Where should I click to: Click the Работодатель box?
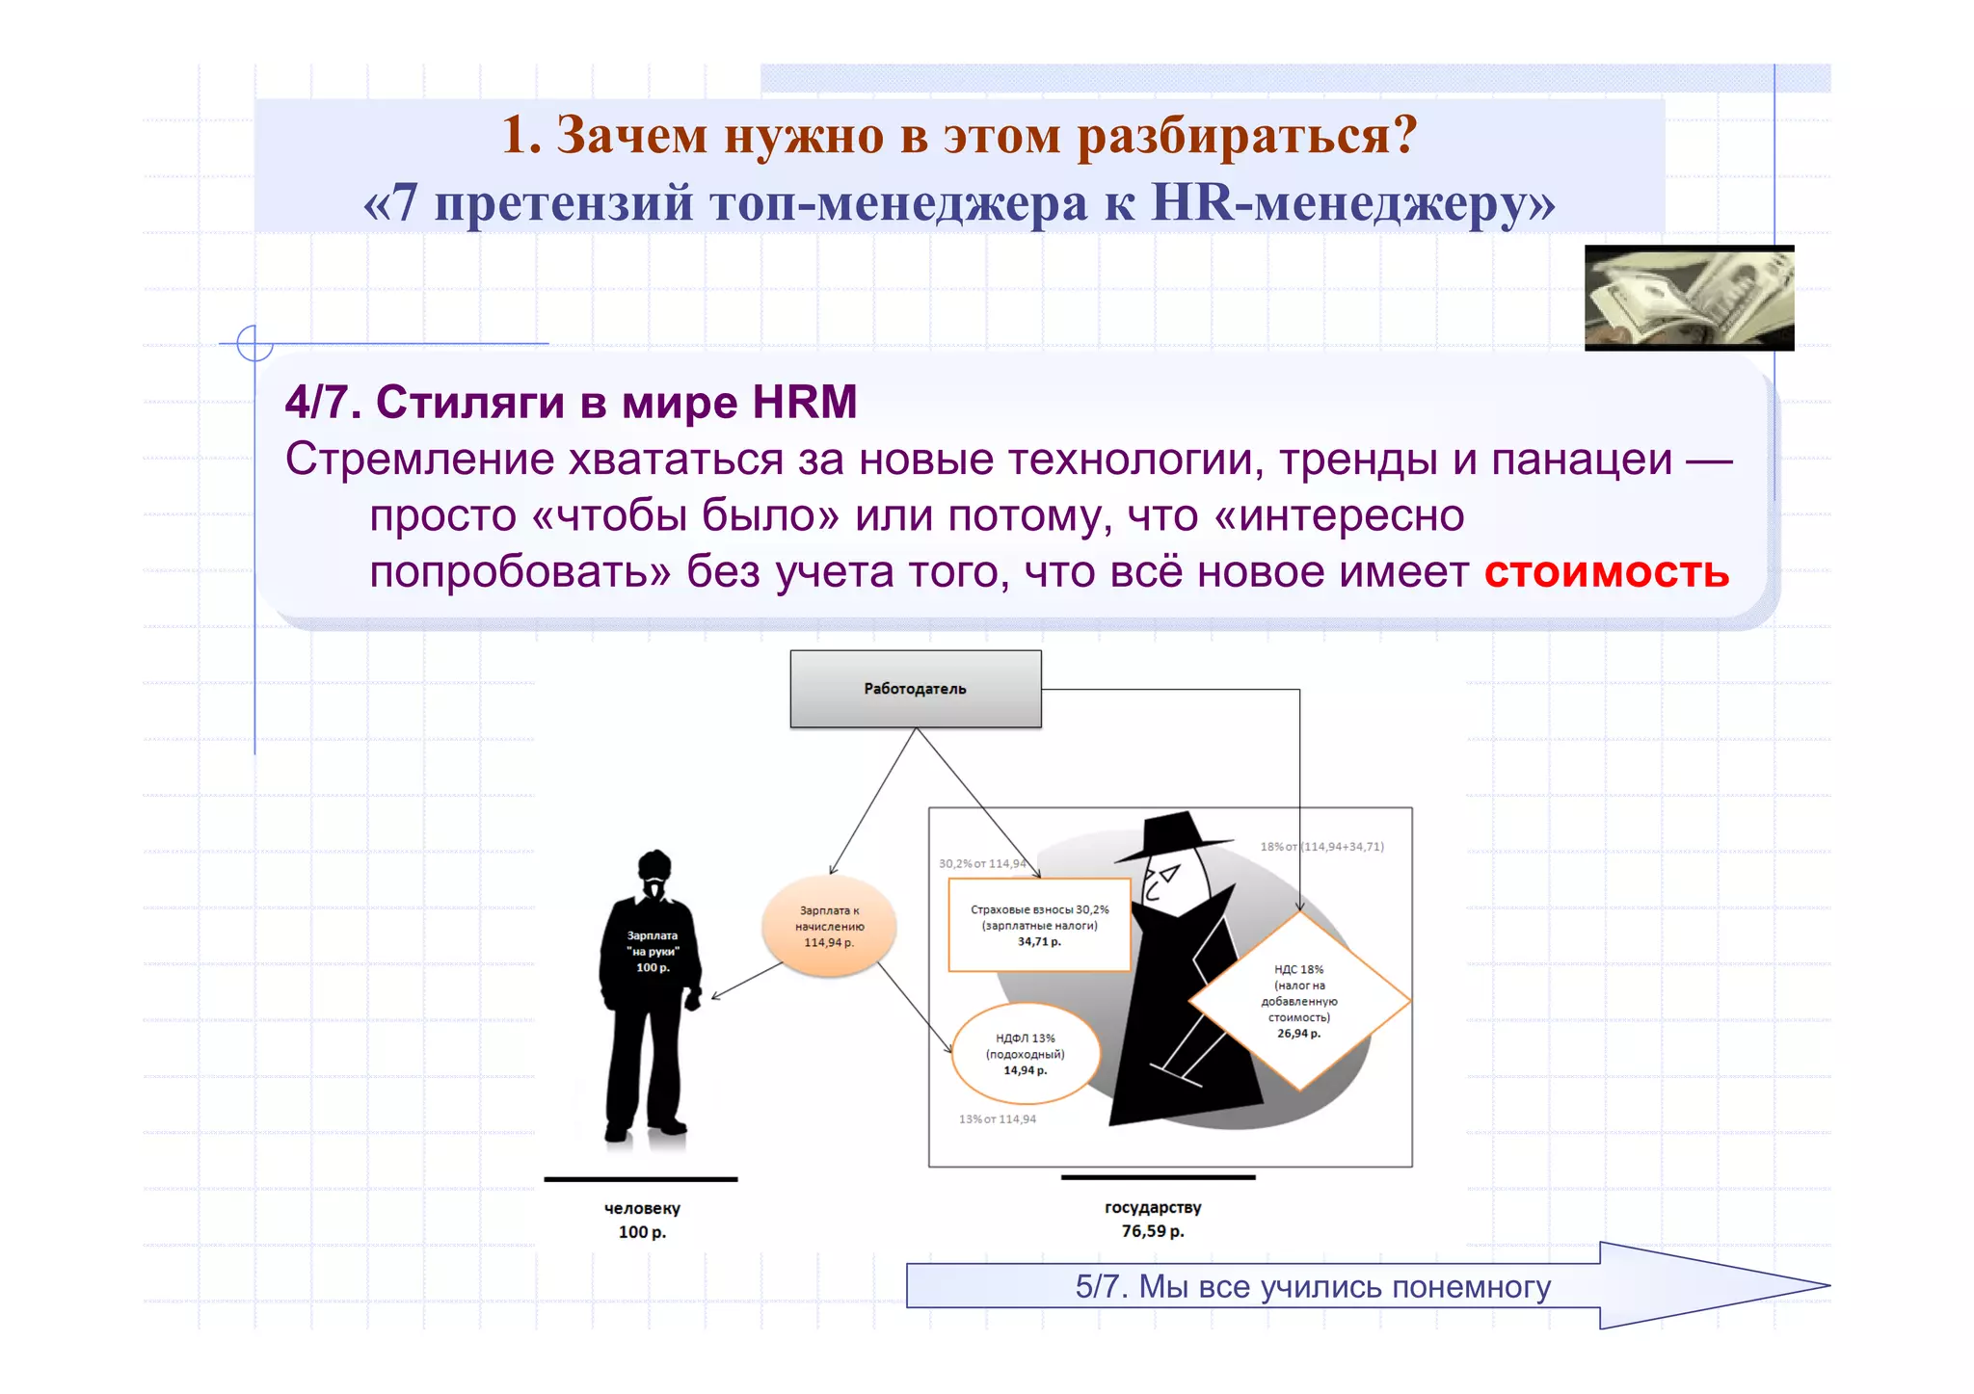(915, 689)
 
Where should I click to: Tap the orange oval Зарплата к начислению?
(829, 926)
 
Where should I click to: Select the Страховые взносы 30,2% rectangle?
(1039, 925)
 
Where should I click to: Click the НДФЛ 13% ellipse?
(1026, 1054)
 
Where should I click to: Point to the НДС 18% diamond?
(1299, 1001)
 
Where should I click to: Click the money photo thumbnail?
(1689, 298)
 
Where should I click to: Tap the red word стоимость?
(1606, 572)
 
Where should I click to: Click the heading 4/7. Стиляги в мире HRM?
(571, 403)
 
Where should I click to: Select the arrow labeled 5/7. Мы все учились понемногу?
(1313, 1286)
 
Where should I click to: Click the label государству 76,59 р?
(1153, 1219)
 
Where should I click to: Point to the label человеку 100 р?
(642, 1220)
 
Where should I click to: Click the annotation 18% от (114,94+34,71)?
(1321, 847)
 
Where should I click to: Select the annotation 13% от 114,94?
(998, 1119)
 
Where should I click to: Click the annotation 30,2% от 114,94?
(982, 864)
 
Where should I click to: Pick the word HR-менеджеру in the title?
(1353, 203)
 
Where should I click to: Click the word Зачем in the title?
(632, 135)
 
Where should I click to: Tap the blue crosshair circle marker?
(254, 343)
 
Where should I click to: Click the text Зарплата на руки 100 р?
(653, 952)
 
